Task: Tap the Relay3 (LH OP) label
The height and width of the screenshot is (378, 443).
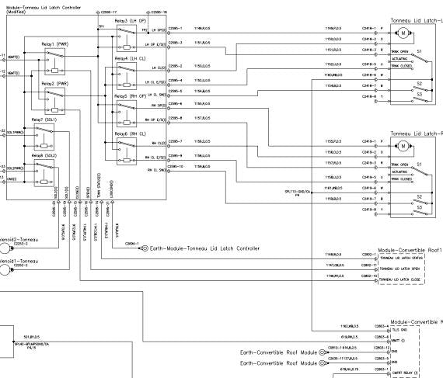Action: point(129,22)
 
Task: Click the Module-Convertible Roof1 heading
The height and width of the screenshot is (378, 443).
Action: point(409,250)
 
